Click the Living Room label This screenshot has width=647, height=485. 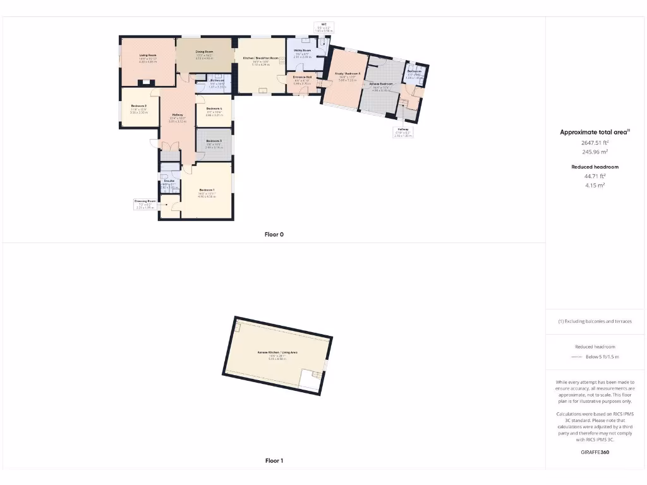tap(148, 56)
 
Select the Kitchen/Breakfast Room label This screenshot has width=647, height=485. tap(260, 59)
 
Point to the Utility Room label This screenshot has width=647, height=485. tap(303, 51)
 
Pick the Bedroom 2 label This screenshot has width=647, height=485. tap(139, 106)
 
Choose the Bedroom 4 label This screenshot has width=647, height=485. tap(214, 109)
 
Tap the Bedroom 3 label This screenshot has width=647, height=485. tap(214, 141)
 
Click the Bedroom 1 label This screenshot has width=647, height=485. tap(207, 190)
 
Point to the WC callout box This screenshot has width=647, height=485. tap(323, 27)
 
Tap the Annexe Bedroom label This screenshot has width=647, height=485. tap(381, 84)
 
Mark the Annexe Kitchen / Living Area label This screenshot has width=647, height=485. tap(277, 352)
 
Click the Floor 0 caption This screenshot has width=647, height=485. tap(274, 234)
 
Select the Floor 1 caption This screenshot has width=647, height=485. tap(274, 461)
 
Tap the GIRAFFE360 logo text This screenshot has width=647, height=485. tap(595, 452)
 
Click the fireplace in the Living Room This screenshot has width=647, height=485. tap(147, 81)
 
